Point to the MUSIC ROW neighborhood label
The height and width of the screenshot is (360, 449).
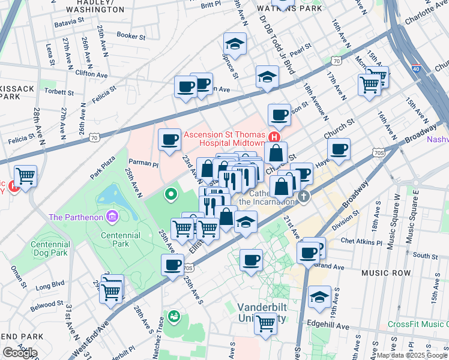386,273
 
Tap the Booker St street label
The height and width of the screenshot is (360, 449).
131,36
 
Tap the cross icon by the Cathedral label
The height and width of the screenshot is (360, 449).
304,196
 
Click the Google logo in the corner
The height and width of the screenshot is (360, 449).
20,353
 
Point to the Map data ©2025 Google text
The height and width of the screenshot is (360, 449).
412,355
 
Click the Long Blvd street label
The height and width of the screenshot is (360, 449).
50,284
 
